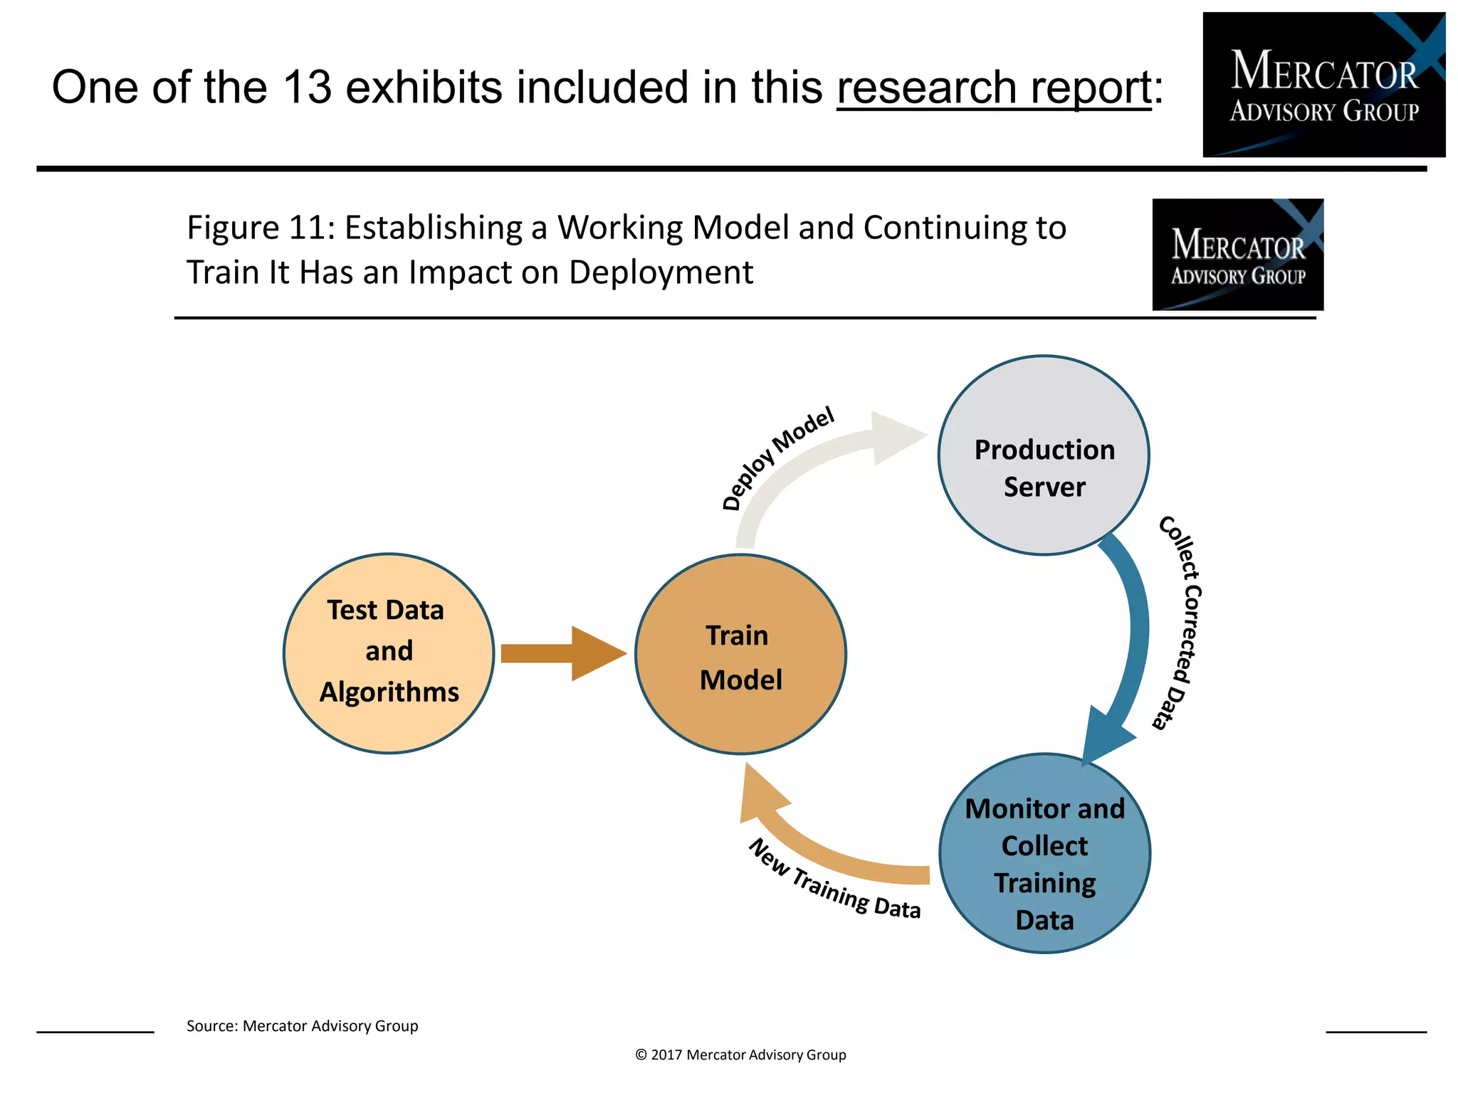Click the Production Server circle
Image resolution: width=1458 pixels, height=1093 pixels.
1044,455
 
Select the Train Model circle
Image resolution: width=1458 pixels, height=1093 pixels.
740,654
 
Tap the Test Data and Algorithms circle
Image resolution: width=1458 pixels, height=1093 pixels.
389,653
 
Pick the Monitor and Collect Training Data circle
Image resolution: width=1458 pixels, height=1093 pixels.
1044,853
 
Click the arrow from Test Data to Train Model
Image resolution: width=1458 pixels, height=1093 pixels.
562,653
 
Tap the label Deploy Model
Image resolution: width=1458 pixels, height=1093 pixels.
777,459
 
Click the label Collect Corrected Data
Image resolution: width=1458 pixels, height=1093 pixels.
1182,623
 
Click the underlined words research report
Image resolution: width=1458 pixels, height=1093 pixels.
994,88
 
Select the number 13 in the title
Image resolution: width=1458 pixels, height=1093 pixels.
307,88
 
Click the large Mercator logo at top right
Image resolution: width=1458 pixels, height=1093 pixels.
1323,85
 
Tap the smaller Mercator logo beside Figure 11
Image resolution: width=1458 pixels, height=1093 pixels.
1237,255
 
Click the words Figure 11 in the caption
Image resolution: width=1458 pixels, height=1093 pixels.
259,228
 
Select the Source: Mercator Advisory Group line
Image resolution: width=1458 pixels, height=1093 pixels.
302,1026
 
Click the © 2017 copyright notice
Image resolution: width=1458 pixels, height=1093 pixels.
740,1055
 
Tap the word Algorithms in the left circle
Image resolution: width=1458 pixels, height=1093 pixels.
389,692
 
